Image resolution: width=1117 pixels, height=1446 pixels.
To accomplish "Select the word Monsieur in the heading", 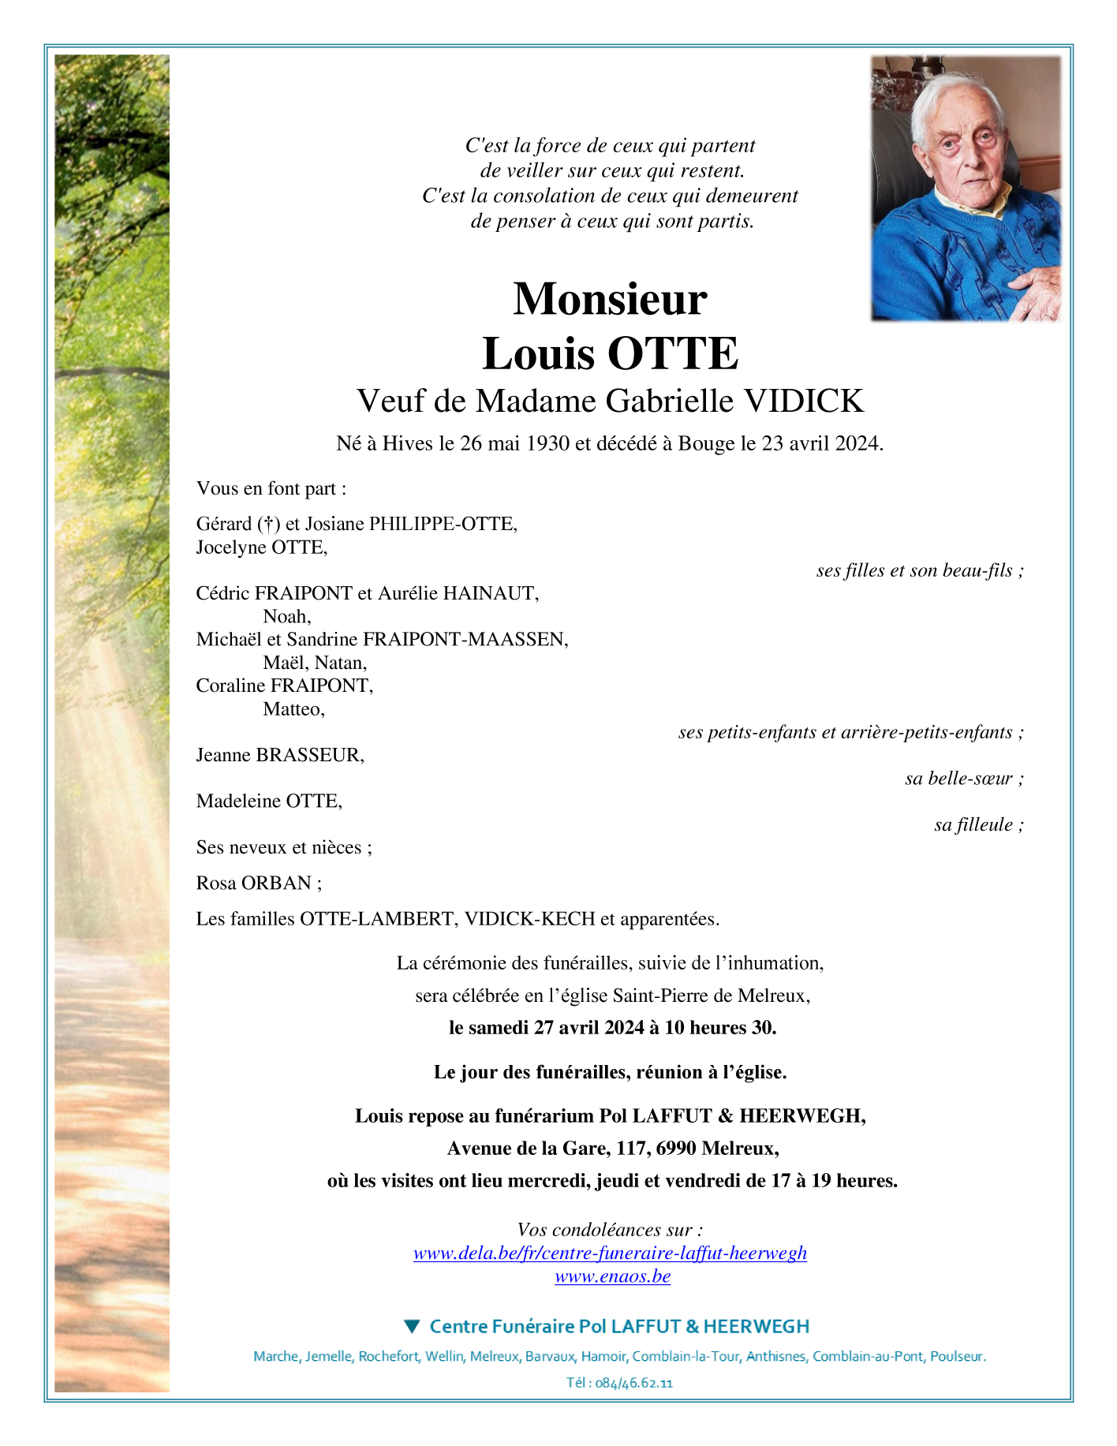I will click(610, 299).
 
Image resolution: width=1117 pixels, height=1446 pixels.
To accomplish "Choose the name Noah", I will click(286, 616).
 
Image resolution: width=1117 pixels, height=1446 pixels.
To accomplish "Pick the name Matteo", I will click(293, 709).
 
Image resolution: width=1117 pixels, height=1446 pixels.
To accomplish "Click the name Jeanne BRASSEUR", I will click(280, 756).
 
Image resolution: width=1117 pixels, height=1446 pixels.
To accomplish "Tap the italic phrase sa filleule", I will click(978, 825).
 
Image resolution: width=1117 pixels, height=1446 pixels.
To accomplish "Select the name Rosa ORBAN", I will click(254, 884).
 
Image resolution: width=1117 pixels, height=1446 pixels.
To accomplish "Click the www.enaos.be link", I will click(612, 1276).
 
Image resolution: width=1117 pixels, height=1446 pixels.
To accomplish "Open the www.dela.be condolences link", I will click(610, 1254).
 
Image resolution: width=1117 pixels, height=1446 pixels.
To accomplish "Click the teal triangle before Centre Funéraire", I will click(411, 1326).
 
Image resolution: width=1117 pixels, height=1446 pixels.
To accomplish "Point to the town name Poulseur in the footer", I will click(957, 1357).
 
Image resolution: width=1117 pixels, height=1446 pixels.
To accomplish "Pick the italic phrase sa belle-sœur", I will click(964, 779).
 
